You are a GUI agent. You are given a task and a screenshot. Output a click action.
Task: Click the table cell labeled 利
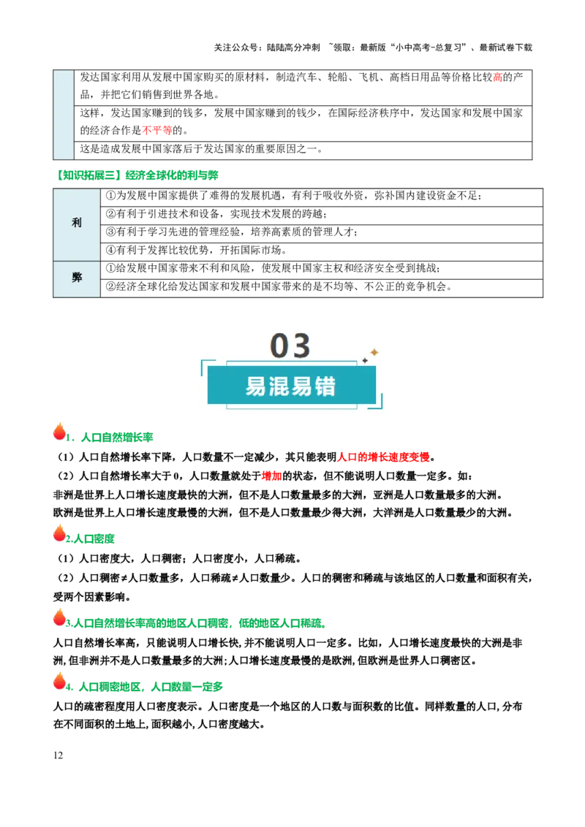[77, 223]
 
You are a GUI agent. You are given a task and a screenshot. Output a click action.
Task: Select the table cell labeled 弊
[77, 278]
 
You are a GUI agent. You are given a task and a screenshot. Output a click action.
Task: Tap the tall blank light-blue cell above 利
[64, 114]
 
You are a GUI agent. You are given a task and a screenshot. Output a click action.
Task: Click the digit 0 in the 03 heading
[280, 346]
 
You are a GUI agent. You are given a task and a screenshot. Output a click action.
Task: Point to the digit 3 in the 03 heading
[302, 346]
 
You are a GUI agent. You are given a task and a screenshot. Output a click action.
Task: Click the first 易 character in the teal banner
[257, 386]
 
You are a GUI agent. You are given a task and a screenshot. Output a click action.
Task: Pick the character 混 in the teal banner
[280, 386]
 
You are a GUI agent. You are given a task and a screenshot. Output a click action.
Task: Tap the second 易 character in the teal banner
[303, 386]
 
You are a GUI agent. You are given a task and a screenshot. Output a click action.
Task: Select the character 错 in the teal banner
[326, 386]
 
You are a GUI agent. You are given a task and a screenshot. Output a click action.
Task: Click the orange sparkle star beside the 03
[374, 352]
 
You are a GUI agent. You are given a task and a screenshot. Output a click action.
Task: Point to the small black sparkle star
[365, 360]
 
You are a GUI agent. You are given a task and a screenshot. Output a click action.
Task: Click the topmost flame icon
[59, 432]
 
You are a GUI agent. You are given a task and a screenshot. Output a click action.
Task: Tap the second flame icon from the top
[59, 533]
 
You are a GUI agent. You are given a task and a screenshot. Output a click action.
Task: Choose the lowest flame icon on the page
[59, 681]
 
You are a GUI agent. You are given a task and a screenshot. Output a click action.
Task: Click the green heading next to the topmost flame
[111, 438]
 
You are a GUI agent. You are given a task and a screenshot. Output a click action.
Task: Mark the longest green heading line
[195, 623]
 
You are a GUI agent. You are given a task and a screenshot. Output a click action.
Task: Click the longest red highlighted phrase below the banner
[384, 459]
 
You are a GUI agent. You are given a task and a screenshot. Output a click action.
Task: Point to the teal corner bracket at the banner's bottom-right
[377, 404]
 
